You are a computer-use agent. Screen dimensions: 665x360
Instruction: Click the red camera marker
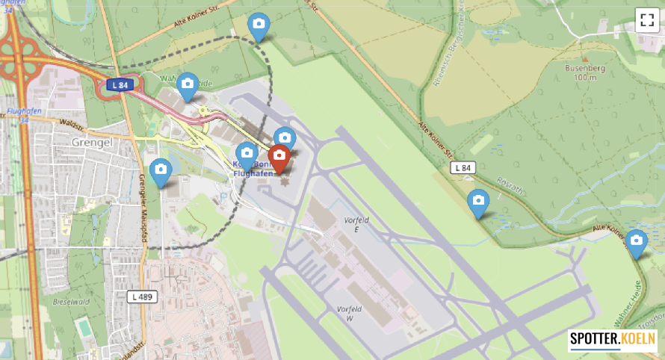coord(279,158)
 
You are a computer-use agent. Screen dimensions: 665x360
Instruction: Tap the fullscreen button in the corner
coord(646,19)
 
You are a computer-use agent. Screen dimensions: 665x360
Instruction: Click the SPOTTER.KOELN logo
coord(612,341)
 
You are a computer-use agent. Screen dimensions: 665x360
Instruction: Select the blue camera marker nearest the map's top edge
coord(259,27)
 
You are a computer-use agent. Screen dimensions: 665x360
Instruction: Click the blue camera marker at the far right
coord(636,242)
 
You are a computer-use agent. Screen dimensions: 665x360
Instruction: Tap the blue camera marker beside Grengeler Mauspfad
coord(160,171)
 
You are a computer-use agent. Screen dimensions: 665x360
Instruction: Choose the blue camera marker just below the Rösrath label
coord(478,202)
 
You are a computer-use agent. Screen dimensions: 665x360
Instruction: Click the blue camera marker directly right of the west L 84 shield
coord(188,85)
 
